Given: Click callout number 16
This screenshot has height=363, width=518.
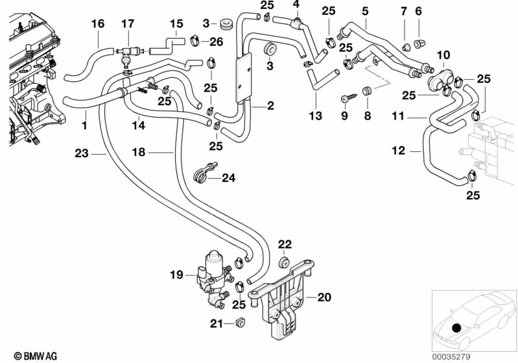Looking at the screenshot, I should (x=98, y=24).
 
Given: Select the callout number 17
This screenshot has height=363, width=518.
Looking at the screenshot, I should (x=128, y=24).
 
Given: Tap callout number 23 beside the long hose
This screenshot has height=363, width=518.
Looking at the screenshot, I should (x=81, y=154).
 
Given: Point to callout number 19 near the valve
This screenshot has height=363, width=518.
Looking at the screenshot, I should (x=177, y=275).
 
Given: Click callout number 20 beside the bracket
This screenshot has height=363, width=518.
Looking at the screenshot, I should (x=324, y=297).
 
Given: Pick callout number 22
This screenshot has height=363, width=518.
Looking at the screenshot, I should (x=285, y=244).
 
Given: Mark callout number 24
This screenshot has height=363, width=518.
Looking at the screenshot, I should (x=230, y=177).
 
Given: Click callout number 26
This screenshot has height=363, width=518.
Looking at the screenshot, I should (x=216, y=43).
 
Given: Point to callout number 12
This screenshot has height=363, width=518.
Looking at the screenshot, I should (x=397, y=151).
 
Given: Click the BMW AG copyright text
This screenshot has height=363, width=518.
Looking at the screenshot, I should (x=31, y=356).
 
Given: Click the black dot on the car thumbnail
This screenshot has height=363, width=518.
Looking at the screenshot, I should (x=458, y=329).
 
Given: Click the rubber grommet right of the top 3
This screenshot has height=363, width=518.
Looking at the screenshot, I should (x=227, y=25).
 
